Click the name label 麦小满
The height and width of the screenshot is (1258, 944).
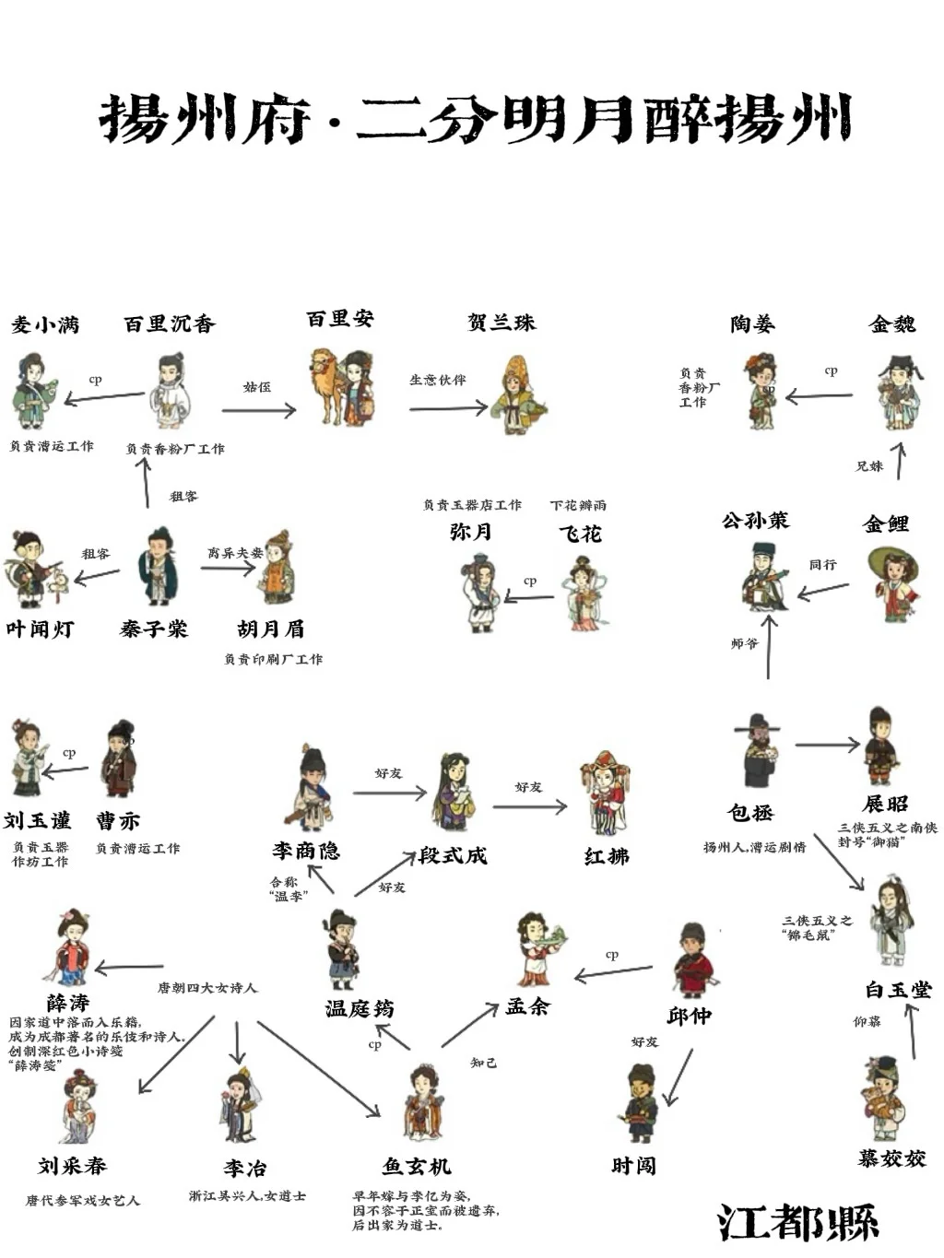pyautogui.click(x=45, y=324)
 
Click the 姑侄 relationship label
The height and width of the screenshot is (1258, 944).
pyautogui.click(x=257, y=387)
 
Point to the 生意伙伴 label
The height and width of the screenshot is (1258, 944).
pyautogui.click(x=438, y=380)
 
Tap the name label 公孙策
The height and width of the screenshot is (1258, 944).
pyautogui.click(x=755, y=521)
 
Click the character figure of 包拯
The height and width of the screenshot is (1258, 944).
pyautogui.click(x=760, y=751)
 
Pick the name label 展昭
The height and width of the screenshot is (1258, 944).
pyautogui.click(x=885, y=804)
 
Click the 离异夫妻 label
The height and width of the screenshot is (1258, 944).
pyautogui.click(x=235, y=553)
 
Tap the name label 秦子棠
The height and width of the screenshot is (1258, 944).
pyautogui.click(x=153, y=629)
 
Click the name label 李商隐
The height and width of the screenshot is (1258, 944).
pyautogui.click(x=306, y=851)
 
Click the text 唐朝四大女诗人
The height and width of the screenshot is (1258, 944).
pyautogui.click(x=207, y=988)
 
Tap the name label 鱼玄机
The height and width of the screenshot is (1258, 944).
pyautogui.click(x=417, y=1167)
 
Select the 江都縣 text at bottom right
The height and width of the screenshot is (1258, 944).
pyautogui.click(x=798, y=1223)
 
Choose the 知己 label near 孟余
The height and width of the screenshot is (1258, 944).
pyautogui.click(x=484, y=1063)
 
